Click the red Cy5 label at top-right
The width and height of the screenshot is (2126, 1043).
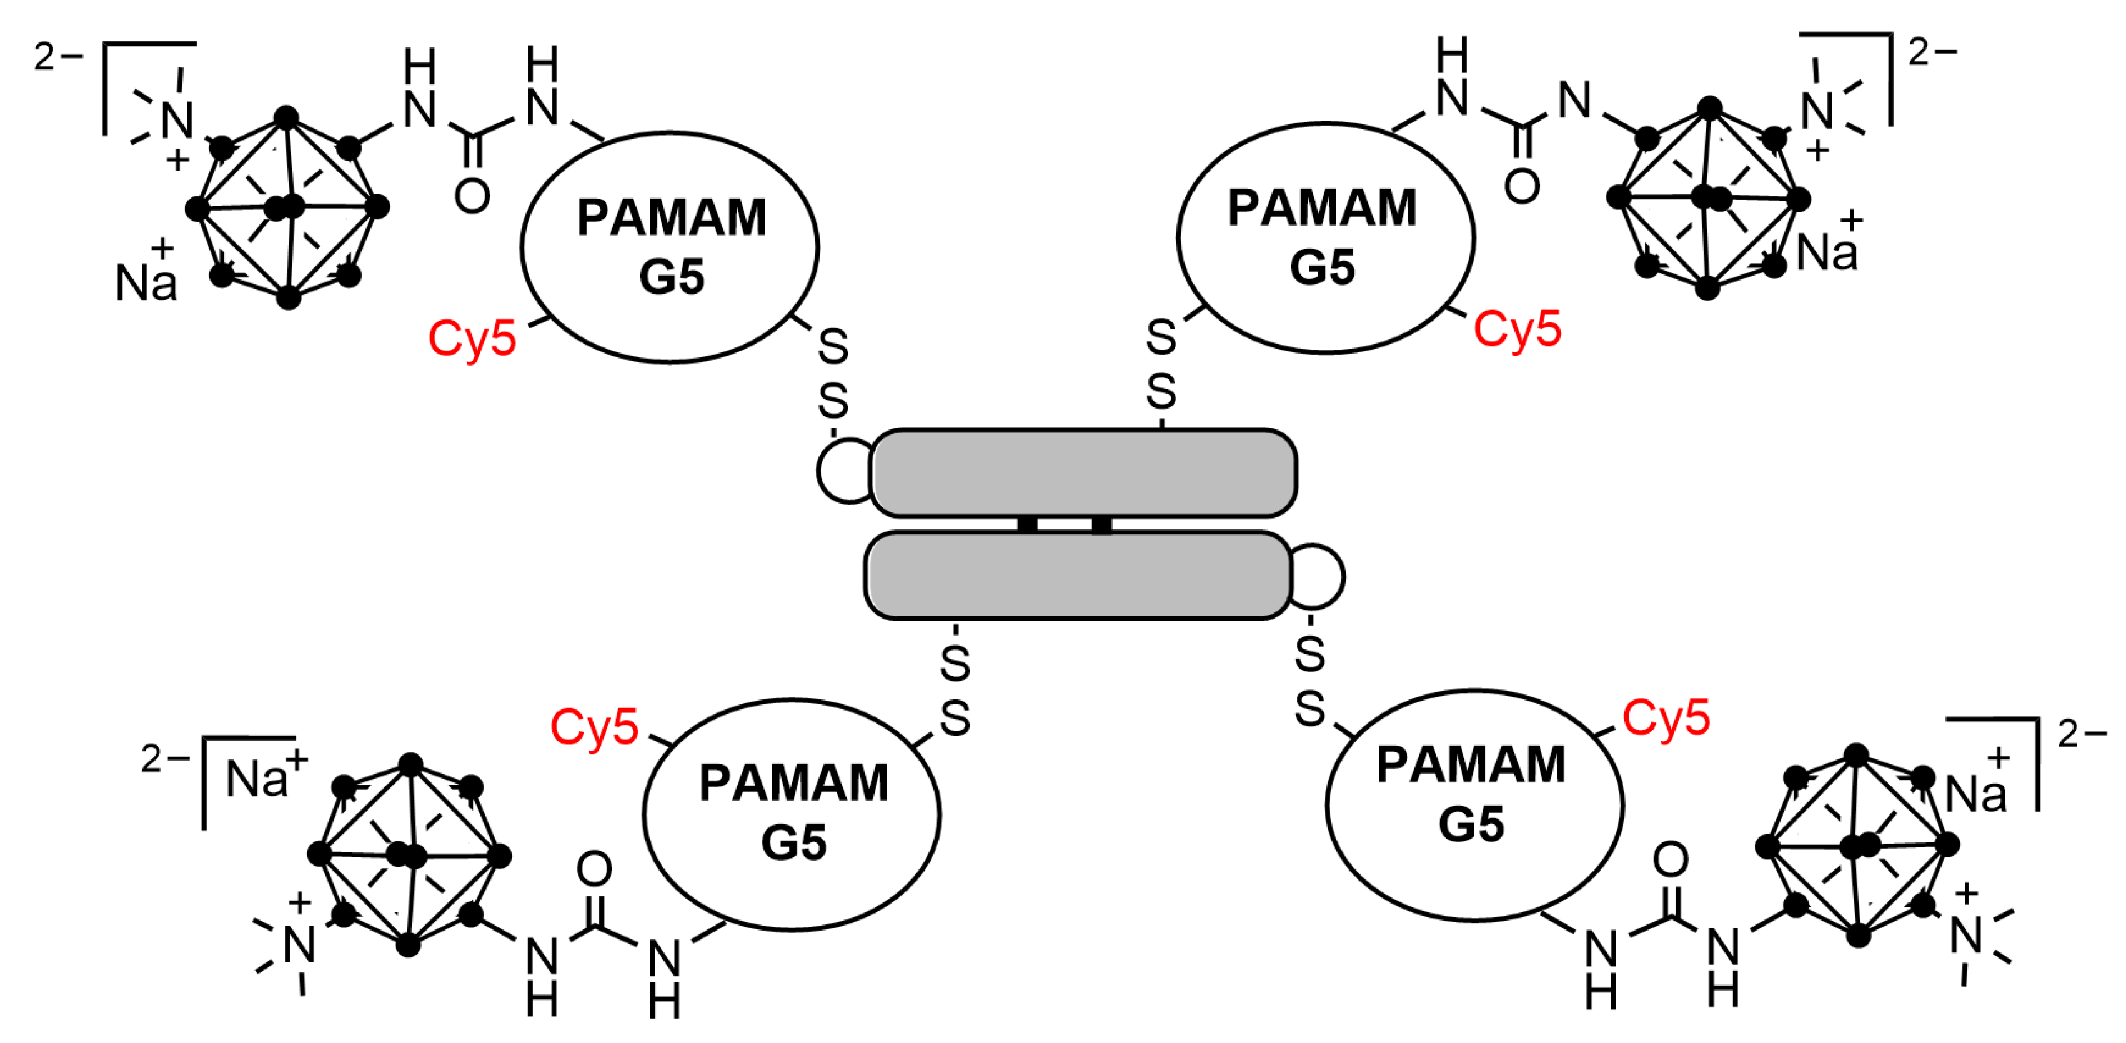click(x=1517, y=329)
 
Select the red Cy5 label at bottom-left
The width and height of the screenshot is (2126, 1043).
click(x=594, y=727)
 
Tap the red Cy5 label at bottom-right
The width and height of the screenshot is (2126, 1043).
click(x=1666, y=717)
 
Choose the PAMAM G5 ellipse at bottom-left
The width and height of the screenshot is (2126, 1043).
click(x=792, y=814)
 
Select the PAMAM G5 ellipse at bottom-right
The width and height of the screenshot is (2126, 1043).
click(x=1474, y=804)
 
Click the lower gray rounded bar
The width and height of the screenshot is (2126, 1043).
click(x=1078, y=576)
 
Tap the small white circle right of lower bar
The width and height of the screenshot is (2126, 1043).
click(x=1319, y=576)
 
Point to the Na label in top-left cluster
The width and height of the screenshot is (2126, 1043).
click(x=146, y=282)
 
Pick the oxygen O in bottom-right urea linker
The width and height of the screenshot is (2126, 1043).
click(x=1671, y=860)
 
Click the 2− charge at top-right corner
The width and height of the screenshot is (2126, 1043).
click(x=1931, y=53)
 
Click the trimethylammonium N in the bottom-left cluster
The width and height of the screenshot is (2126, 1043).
click(x=299, y=944)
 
